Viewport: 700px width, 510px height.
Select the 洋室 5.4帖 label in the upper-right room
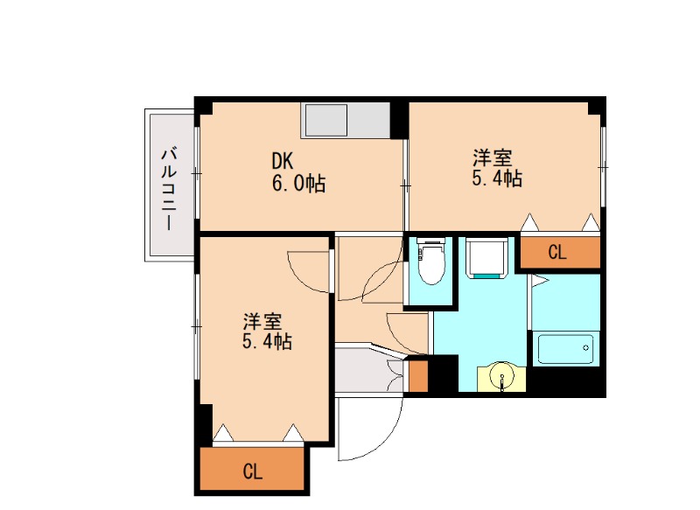click(x=497, y=168)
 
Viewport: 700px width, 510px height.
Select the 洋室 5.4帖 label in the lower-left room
click(x=267, y=331)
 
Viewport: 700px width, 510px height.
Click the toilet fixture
click(x=430, y=267)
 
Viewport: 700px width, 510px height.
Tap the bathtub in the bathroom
click(x=564, y=349)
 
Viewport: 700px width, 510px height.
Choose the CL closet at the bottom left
click(x=253, y=472)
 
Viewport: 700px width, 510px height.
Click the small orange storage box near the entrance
click(x=417, y=375)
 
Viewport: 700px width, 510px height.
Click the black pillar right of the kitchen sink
click(x=399, y=121)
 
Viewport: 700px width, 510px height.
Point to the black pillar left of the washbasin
click(x=445, y=374)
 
